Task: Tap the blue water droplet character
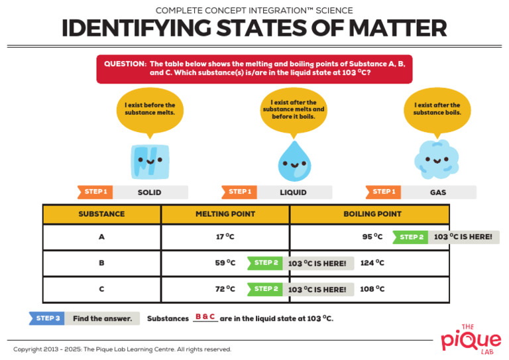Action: pos(292,161)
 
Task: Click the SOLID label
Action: pos(149,192)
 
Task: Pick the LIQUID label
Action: pos(292,192)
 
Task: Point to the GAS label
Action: pos(437,192)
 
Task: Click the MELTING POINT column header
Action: pos(225,214)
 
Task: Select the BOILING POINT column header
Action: pos(372,214)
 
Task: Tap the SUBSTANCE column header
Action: pos(101,214)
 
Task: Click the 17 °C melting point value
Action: pos(225,237)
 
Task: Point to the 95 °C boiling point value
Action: pos(372,237)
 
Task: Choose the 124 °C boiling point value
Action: pos(372,263)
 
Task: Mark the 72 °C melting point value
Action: pos(225,289)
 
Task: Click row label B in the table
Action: pos(101,263)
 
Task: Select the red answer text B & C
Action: pos(205,317)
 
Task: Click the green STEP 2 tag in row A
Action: pos(411,237)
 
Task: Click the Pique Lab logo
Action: pos(471,338)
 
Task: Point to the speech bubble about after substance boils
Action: pos(437,111)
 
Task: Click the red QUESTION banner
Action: pos(254,68)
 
